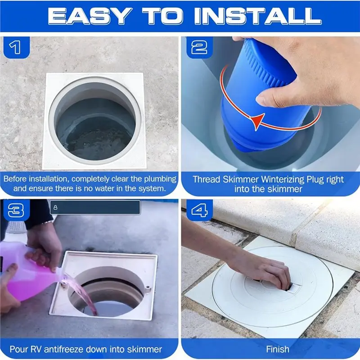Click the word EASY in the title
pos(90,16)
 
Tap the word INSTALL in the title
pos(258,16)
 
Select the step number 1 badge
pos(16,48)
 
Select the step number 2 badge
pos(199,48)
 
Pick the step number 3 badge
pos(16,210)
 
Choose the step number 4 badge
pos(199,210)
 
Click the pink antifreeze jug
pos(27,273)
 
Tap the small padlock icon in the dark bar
pos(55,207)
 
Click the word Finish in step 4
pos(278,349)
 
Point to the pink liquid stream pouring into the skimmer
pos(83,294)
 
